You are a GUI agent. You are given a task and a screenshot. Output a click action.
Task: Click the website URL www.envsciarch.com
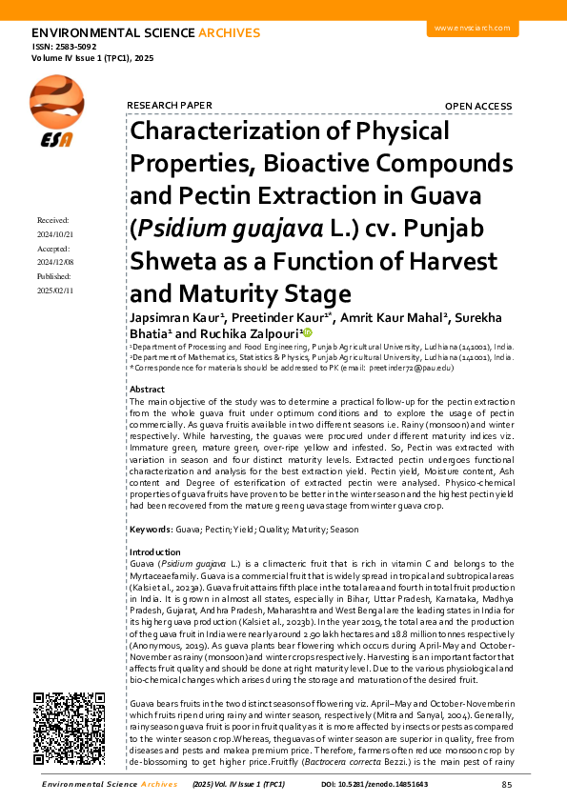[473, 29]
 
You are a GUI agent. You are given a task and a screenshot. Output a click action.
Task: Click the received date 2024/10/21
[55, 233]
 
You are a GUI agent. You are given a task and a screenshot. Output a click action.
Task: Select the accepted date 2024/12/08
[55, 261]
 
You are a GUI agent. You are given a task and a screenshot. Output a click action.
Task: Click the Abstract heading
[147, 390]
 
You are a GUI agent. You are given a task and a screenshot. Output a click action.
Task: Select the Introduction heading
[154, 552]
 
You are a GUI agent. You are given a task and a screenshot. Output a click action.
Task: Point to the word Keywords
[150, 529]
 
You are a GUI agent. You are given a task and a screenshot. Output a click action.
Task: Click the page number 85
[506, 785]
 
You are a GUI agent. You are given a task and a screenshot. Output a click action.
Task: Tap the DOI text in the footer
[375, 785]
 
